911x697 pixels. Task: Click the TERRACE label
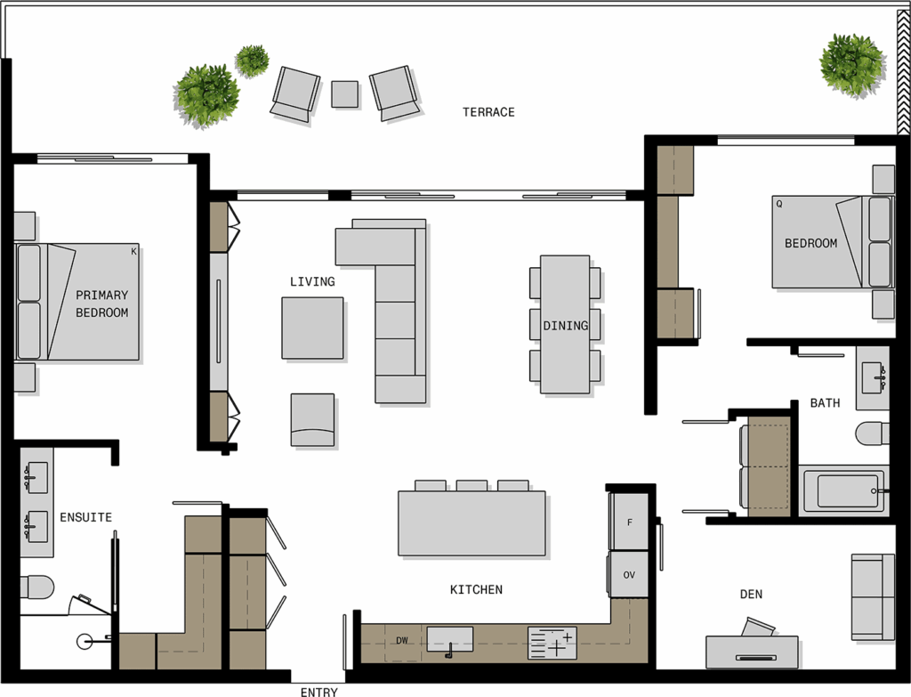(488, 112)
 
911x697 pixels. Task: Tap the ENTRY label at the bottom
(318, 692)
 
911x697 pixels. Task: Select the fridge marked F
(628, 522)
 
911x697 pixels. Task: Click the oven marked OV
(628, 574)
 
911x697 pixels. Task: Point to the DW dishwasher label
(402, 641)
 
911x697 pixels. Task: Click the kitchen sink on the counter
(449, 640)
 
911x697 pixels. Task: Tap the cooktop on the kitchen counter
(552, 643)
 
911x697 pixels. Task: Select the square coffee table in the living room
(312, 328)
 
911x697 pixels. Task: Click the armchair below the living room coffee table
(312, 419)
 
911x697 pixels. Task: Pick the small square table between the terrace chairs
(344, 94)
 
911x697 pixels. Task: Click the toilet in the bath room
(872, 434)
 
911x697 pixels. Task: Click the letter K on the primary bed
(133, 252)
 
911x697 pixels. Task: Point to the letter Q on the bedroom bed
(779, 204)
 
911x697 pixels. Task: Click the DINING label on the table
(565, 326)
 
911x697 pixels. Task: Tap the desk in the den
(752, 652)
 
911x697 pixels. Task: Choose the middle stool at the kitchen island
(472, 485)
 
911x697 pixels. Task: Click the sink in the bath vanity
(874, 377)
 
